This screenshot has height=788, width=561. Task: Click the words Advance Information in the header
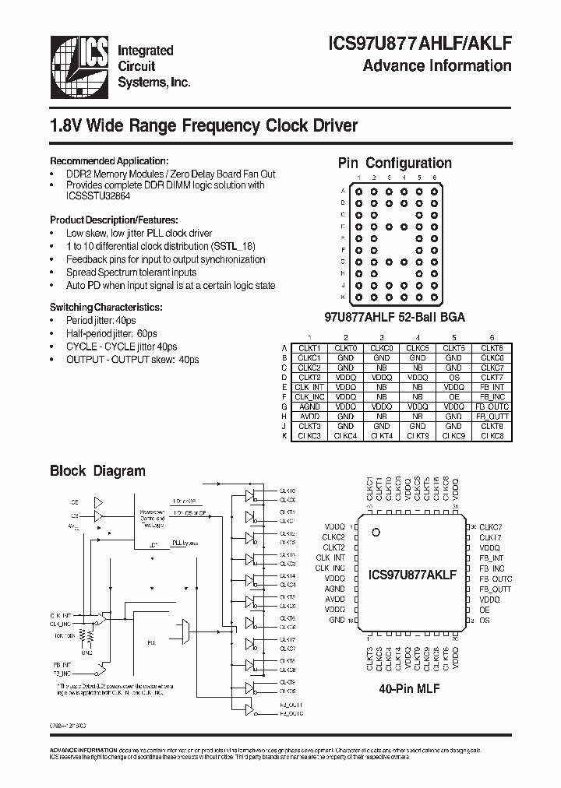(437, 65)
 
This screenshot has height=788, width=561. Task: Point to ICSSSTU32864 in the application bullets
(98, 196)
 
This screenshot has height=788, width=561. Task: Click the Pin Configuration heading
(394, 163)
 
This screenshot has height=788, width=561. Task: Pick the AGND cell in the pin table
(309, 406)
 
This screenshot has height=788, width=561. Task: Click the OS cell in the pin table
(453, 376)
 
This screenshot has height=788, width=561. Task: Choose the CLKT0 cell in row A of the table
(345, 347)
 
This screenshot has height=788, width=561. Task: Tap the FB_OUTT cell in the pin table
(492, 416)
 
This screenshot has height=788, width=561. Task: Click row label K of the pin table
(284, 435)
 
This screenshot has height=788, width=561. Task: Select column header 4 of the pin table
(418, 338)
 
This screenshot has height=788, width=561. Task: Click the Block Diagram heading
(97, 470)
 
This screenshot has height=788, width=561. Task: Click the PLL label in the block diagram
(151, 643)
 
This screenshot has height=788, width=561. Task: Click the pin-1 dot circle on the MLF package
(376, 533)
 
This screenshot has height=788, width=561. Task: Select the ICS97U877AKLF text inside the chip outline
(412, 575)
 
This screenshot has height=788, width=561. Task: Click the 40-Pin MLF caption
(408, 688)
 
